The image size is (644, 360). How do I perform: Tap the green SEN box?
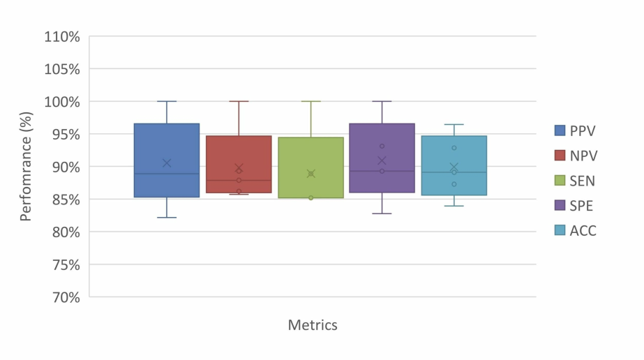(310, 153)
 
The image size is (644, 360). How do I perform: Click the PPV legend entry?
(576, 130)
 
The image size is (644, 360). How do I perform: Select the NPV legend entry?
(576, 156)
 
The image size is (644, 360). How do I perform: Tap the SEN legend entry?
(576, 181)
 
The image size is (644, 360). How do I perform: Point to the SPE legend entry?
(576, 206)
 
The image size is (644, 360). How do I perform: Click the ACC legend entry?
(576, 231)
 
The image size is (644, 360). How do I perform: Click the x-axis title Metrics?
(313, 325)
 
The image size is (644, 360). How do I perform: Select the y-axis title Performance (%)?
(27, 167)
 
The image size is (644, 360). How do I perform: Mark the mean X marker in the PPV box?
(167, 163)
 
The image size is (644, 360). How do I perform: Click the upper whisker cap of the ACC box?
(454, 124)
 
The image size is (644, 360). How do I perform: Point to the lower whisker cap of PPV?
(167, 218)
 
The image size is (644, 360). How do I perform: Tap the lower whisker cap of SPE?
(382, 213)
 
